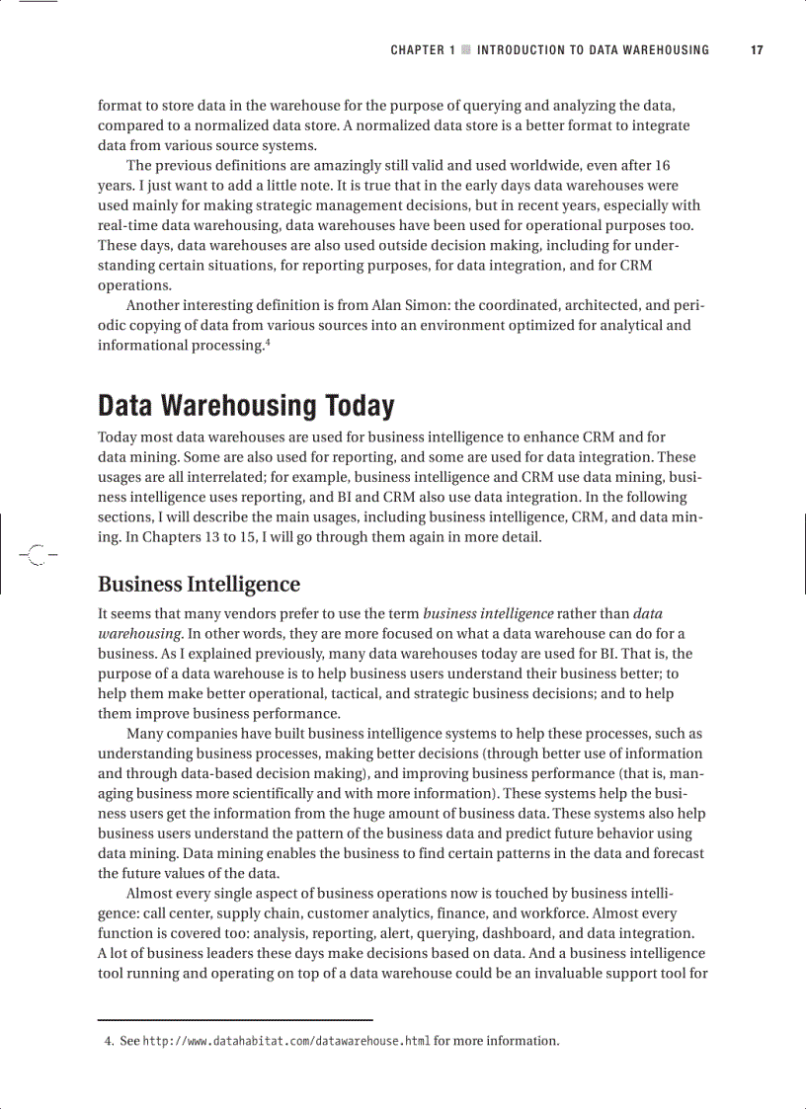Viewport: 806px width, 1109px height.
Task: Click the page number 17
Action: (757, 50)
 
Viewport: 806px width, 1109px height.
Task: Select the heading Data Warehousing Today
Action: (246, 406)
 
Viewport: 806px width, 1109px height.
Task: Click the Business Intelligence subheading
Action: (199, 584)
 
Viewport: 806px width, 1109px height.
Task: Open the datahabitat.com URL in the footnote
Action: (286, 1041)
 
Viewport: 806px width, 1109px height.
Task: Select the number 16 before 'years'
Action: (663, 165)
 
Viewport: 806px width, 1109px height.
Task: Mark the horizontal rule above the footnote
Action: (235, 1019)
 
